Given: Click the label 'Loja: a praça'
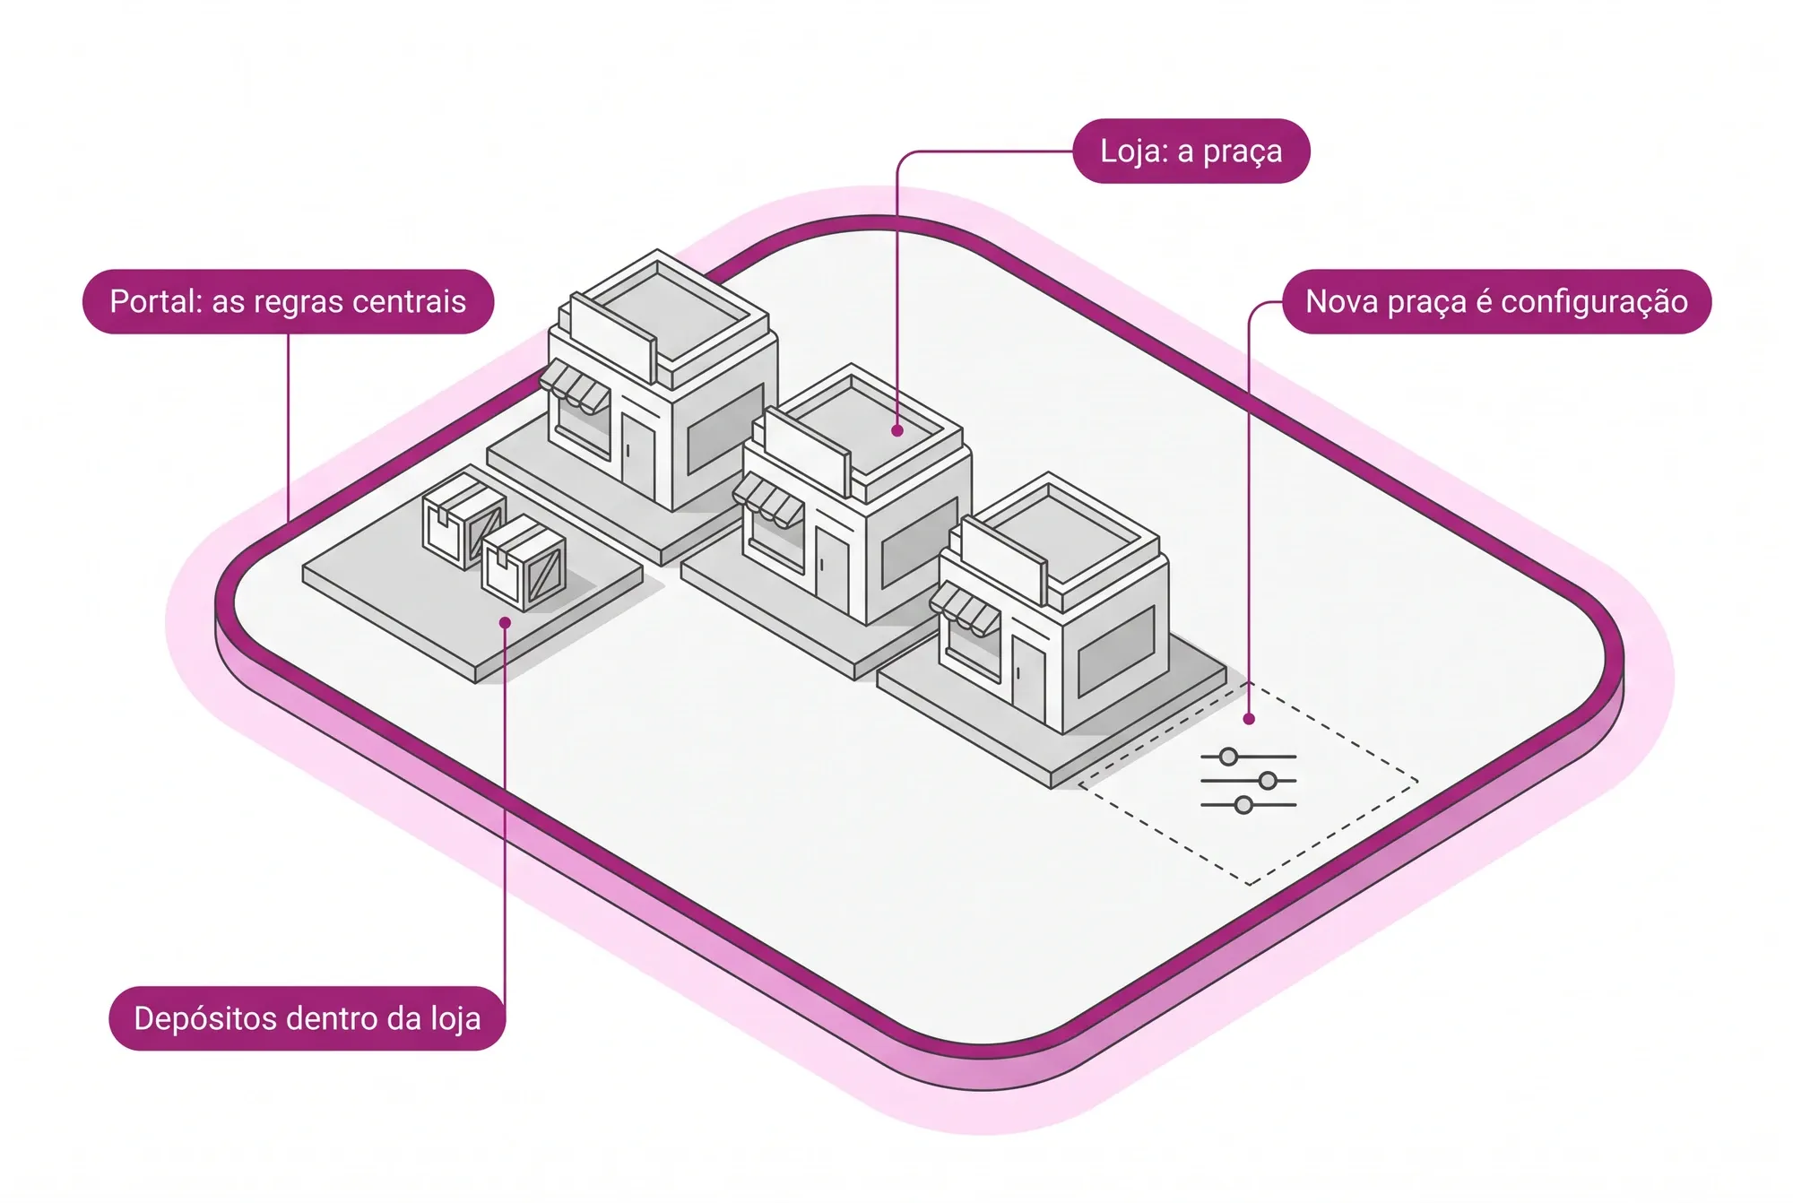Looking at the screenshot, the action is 1191,151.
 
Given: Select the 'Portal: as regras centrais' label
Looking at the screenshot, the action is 288,302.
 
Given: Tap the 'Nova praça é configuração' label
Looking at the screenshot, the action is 1496,302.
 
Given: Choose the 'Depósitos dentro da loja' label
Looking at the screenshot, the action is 307,1018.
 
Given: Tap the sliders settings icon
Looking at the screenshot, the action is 1248,781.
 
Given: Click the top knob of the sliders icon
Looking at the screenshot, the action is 1228,757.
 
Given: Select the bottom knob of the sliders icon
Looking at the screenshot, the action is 1243,805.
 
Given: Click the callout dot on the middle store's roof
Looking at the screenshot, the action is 897,431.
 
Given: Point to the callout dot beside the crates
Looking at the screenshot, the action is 505,622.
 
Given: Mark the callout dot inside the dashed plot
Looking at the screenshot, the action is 1249,719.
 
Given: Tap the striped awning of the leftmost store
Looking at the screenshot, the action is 576,386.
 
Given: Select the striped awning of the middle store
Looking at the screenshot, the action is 768,500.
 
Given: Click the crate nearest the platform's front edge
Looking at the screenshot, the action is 524,566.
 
